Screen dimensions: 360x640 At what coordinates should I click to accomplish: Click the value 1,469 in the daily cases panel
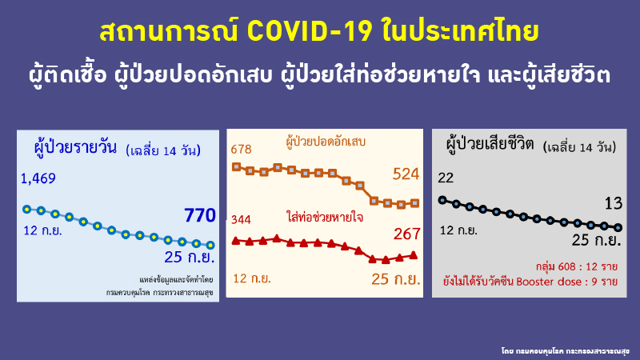coord(38,178)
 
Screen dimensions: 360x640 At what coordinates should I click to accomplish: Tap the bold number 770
coord(200,215)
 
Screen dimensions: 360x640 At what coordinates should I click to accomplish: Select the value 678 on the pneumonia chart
coord(241,150)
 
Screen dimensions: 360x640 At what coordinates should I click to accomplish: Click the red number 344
coord(242,219)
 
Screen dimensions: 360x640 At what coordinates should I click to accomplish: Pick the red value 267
coord(406,234)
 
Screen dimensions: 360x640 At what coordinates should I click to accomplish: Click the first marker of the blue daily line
coord(26,209)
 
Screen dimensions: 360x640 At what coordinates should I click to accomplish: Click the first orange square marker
coord(235,166)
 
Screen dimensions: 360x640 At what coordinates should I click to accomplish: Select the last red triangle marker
coord(414,254)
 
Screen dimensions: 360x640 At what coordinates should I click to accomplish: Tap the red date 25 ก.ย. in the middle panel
coord(397,278)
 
